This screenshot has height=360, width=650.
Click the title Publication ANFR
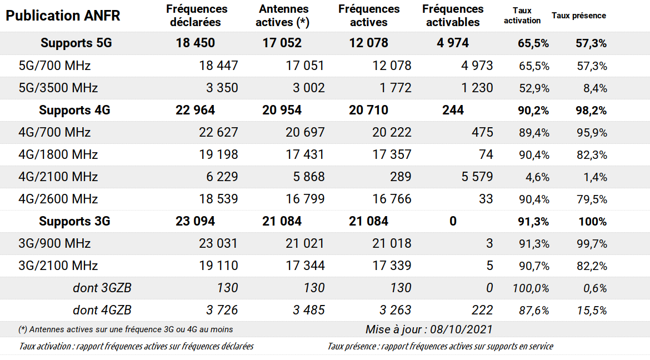(63, 16)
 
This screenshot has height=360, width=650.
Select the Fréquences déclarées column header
(197, 16)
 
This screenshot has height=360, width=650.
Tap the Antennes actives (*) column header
(283, 16)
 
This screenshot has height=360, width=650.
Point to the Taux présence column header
(579, 16)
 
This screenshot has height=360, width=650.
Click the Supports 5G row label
(76, 43)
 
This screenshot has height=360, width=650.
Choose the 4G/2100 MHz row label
(58, 177)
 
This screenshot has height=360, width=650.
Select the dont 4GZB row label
(102, 310)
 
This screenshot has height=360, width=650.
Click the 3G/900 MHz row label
(54, 243)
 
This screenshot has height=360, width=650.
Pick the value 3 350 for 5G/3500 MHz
(222, 88)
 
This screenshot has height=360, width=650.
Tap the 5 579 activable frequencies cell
(477, 177)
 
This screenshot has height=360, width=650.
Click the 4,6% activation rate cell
(537, 177)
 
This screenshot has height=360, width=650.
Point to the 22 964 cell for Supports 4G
(195, 110)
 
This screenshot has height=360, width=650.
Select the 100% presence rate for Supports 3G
(592, 222)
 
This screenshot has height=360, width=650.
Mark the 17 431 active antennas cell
(305, 154)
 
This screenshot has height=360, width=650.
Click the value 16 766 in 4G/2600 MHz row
(392, 199)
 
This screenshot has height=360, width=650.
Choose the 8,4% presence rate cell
(595, 88)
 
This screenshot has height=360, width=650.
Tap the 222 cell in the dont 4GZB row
(482, 310)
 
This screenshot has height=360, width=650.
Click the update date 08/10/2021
(461, 330)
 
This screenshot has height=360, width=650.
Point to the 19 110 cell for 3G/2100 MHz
(218, 266)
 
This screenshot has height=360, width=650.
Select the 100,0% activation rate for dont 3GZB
(531, 288)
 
